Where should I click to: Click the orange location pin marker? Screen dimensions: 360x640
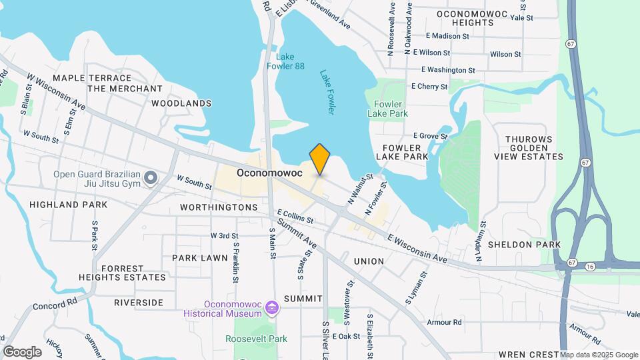coord(320,159)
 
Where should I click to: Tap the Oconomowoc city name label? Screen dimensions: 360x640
coord(269,173)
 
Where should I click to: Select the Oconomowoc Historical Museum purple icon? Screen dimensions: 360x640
coord(271,308)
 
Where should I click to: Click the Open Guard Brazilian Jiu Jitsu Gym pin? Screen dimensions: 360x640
coord(151,178)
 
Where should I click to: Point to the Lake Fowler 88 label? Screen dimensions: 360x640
coord(285,61)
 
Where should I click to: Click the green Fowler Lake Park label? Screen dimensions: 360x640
coord(387,109)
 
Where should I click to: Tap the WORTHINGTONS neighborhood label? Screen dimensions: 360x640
coord(219,208)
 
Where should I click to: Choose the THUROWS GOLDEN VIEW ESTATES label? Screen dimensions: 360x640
coord(529,147)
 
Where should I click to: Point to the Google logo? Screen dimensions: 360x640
coord(22,352)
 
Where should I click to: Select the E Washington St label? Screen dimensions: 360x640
coord(448,70)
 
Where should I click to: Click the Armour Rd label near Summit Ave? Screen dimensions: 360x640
coord(445,323)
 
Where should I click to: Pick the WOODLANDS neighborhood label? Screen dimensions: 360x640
coord(181,103)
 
